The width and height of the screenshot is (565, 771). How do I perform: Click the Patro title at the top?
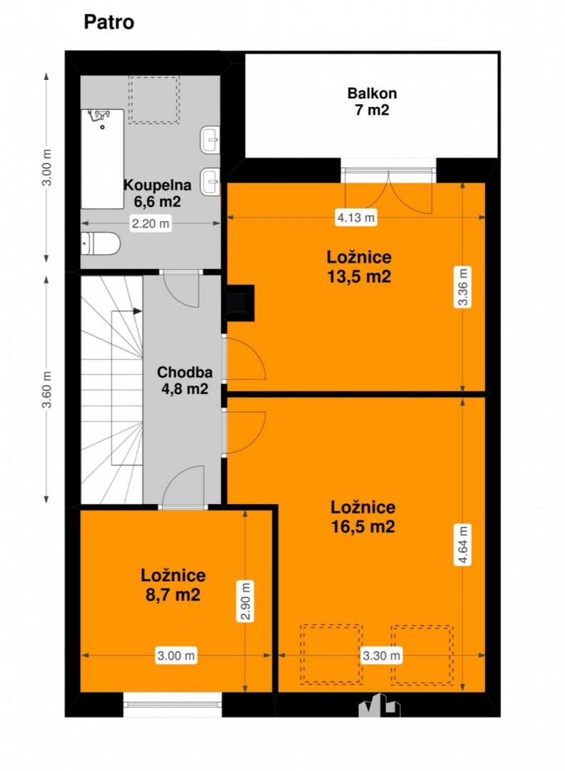[109, 23]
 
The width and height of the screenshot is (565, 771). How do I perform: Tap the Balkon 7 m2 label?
[371, 101]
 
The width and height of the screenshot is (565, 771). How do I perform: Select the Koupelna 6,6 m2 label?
[157, 193]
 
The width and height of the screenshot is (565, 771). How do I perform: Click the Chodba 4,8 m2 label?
[184, 381]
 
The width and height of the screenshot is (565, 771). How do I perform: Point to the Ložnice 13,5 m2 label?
[359, 266]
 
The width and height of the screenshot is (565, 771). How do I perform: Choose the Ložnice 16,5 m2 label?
[363, 517]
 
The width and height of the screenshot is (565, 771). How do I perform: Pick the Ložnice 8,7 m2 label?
[174, 585]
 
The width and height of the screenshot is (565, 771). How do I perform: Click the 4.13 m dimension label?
[356, 217]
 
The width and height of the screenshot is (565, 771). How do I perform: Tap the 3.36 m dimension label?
[463, 287]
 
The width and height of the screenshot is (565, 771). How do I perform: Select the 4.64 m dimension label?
[463, 545]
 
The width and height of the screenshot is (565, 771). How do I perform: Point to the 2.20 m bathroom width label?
[150, 223]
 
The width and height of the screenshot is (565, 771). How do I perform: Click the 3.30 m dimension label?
[381, 655]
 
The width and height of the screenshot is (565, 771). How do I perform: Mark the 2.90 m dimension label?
[246, 601]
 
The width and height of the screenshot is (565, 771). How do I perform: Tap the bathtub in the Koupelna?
[102, 158]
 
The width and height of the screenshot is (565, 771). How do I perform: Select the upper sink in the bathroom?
[210, 140]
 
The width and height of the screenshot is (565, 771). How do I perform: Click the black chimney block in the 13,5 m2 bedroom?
[240, 303]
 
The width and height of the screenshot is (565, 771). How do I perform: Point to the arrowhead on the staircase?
[137, 311]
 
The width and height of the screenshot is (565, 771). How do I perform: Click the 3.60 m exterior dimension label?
[46, 390]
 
